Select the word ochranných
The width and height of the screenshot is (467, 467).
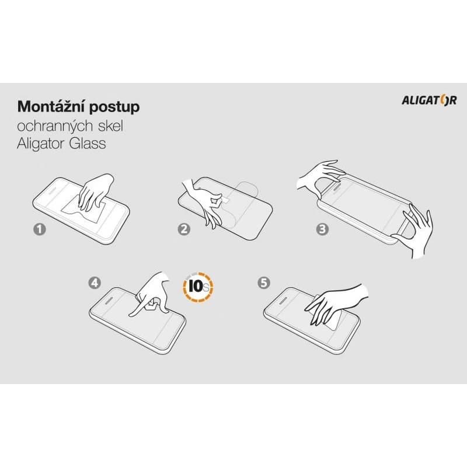coord(51,126)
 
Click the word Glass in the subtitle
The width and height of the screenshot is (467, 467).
coord(88,143)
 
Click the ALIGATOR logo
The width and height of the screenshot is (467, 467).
coord(429,100)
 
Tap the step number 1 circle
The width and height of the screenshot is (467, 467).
coord(40,229)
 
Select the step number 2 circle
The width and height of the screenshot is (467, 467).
coord(184,229)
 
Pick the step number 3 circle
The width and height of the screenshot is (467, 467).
coord(322,229)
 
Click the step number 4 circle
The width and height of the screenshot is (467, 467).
coord(95,283)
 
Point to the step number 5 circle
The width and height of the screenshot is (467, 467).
coord(264,283)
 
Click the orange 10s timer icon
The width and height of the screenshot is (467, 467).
coord(198,287)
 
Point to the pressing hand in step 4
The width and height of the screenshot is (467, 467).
coord(151,295)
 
